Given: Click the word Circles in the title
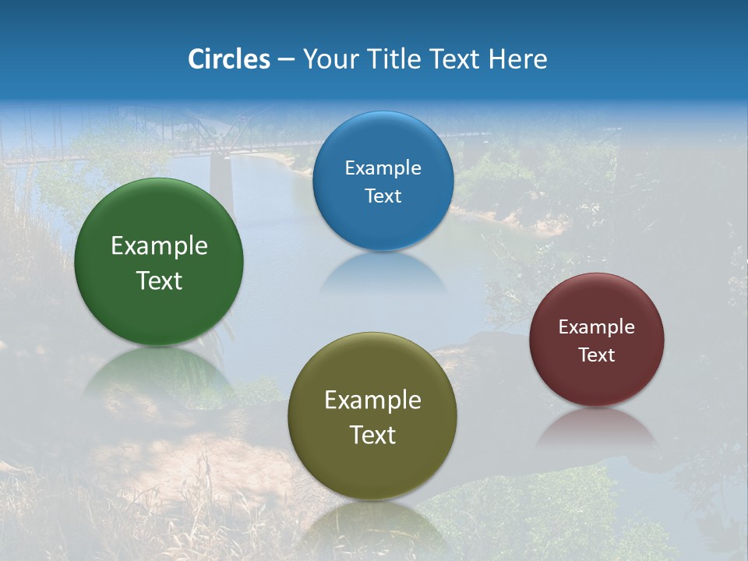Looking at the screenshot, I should [x=229, y=59].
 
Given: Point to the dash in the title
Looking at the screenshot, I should [x=286, y=61].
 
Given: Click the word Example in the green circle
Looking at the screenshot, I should [x=159, y=246].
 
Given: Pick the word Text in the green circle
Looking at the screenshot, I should [x=159, y=280].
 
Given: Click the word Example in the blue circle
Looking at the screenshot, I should [x=383, y=168].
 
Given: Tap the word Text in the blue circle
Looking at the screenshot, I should [x=383, y=196].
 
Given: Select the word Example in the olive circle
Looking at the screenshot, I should [x=372, y=400].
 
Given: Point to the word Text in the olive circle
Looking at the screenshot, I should [x=372, y=435].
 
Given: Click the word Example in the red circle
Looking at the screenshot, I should [x=597, y=327].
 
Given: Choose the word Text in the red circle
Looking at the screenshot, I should [x=597, y=355].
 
